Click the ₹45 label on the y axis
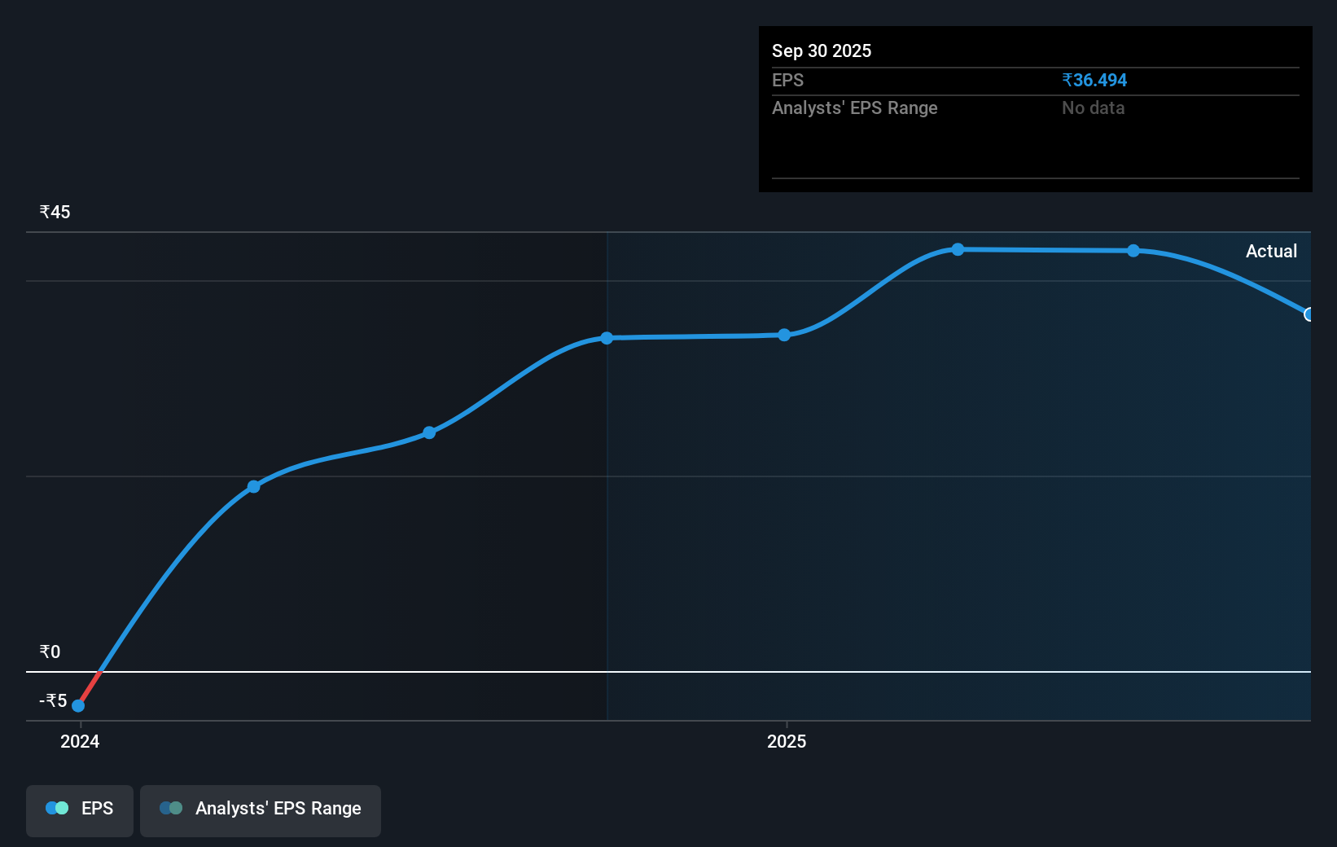[x=55, y=213]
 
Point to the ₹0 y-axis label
[x=50, y=652]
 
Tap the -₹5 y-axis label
[x=53, y=701]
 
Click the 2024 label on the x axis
[x=80, y=741]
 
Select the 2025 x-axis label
[x=787, y=741]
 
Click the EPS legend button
[x=80, y=809]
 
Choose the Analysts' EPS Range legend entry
[x=261, y=809]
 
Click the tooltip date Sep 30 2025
[x=822, y=51]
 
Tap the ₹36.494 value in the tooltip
[x=1094, y=81]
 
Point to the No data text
[x=1093, y=108]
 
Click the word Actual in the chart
[x=1271, y=252]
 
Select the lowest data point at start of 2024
[x=78, y=706]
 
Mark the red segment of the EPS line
[x=89, y=689]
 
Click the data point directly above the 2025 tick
[x=784, y=335]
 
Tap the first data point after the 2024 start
[x=254, y=487]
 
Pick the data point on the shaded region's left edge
[x=607, y=338]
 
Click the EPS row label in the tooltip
[x=787, y=81]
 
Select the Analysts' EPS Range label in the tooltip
[x=854, y=108]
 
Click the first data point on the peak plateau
[x=958, y=249]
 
